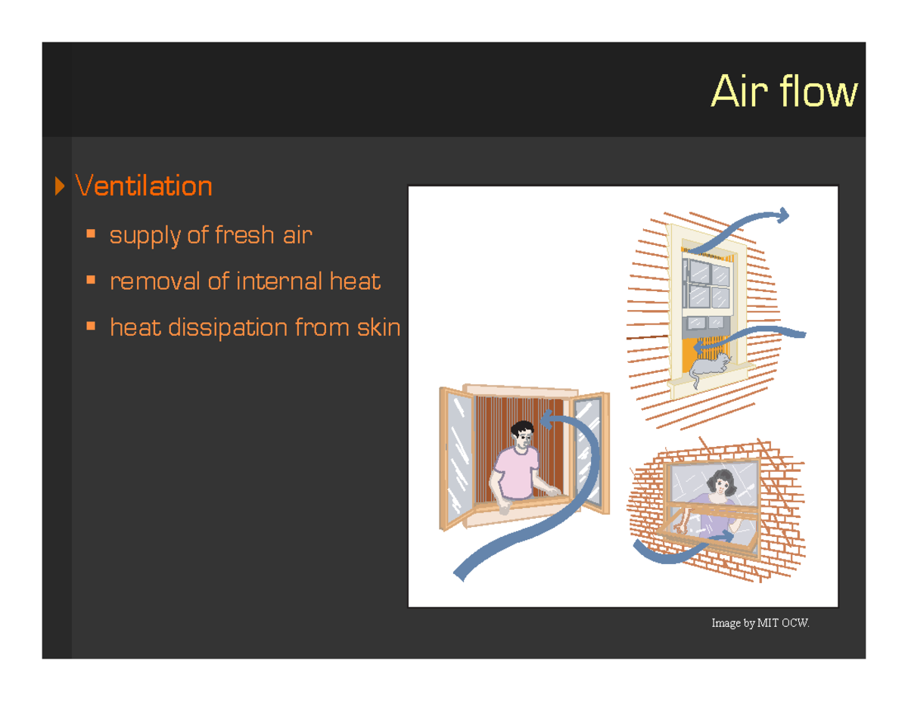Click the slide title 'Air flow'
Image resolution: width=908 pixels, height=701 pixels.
(x=784, y=92)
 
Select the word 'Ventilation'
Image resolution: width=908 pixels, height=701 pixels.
(x=143, y=186)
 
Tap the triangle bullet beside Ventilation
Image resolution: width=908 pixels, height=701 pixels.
(x=60, y=186)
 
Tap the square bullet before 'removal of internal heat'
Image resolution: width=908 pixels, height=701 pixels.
(x=92, y=281)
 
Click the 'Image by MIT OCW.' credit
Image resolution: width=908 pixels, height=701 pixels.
(x=760, y=624)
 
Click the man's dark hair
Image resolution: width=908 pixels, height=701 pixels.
(x=522, y=428)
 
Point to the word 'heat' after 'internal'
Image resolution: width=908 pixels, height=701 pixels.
(x=355, y=282)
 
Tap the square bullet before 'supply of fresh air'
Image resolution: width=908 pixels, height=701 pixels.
(x=92, y=235)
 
